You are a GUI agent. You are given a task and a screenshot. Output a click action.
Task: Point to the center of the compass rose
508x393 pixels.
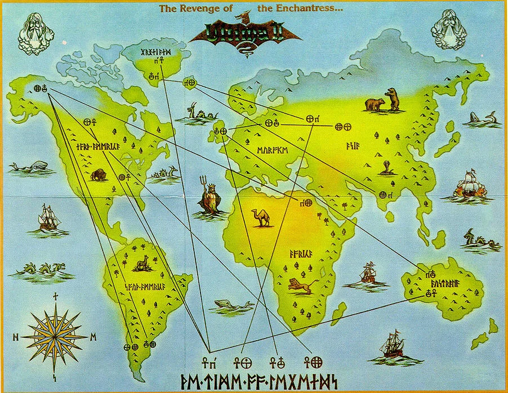(55, 337)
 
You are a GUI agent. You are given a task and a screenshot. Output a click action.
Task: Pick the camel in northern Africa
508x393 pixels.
(263, 217)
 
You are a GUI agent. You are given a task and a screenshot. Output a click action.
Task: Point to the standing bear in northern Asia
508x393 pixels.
(391, 99)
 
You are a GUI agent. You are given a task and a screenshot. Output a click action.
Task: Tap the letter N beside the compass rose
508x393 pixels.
(16, 337)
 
